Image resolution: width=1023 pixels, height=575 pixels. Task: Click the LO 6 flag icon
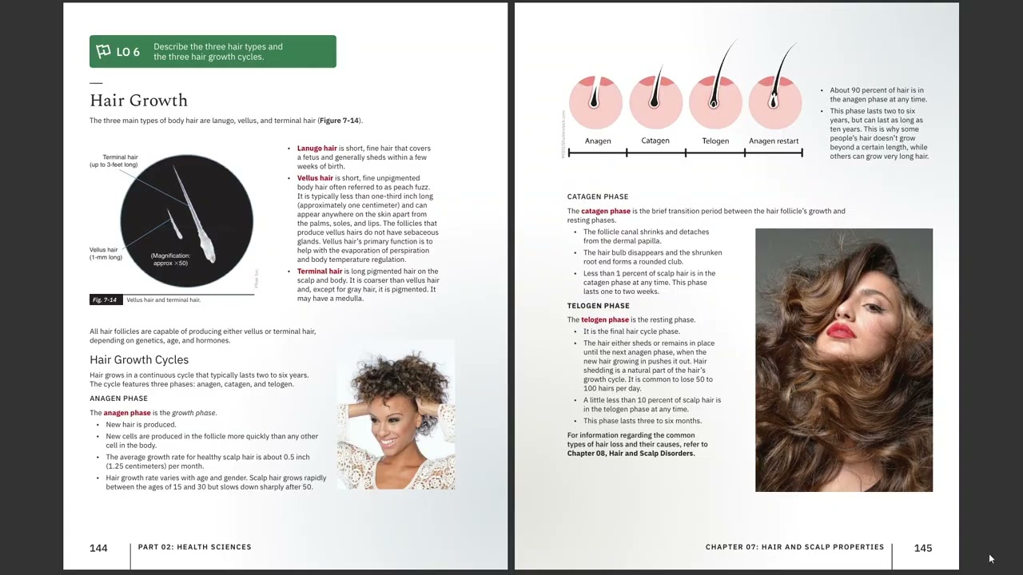(103, 52)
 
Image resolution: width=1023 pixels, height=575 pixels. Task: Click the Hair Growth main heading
(138, 101)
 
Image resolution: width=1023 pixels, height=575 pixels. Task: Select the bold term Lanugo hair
(316, 149)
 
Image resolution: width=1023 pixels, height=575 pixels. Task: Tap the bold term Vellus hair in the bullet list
(315, 178)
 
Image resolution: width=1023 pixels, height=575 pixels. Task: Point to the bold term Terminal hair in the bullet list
(319, 272)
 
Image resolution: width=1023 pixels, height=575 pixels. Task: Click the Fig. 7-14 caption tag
(105, 300)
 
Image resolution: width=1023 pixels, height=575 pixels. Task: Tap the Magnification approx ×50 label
(170, 260)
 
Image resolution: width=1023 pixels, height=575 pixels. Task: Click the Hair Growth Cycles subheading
(139, 360)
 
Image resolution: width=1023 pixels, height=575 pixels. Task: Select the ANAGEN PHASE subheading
(118, 399)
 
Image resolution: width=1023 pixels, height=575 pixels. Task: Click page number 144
(98, 548)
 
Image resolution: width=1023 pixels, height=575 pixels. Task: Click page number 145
(923, 548)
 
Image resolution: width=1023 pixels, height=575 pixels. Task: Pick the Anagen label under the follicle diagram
(598, 141)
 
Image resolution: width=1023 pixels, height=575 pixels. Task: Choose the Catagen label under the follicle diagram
(655, 141)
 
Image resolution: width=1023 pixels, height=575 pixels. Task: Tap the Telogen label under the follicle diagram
(715, 141)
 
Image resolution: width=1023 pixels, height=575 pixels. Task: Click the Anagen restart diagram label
(774, 141)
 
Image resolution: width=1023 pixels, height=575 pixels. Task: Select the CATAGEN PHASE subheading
(598, 196)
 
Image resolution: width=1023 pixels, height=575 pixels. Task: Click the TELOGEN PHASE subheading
(599, 306)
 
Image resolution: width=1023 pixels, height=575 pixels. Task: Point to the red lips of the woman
(842, 331)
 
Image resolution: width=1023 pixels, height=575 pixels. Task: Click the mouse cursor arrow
(991, 559)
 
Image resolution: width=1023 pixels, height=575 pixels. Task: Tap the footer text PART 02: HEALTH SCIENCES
(194, 547)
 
